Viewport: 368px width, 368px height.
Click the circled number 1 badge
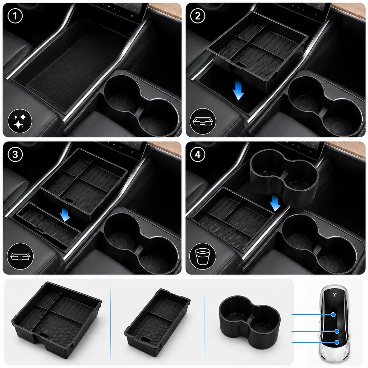(x=15, y=16)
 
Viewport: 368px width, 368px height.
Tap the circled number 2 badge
(x=198, y=16)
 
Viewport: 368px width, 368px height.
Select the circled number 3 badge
(x=15, y=155)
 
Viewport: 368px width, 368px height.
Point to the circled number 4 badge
(x=198, y=155)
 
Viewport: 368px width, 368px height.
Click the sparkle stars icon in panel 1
(x=20, y=121)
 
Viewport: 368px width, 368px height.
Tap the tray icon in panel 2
(x=203, y=121)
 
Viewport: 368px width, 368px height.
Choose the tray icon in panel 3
(x=20, y=256)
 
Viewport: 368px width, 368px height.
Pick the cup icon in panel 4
(x=203, y=256)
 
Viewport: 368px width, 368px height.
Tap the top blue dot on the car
(x=333, y=314)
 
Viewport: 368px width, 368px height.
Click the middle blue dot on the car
(x=337, y=331)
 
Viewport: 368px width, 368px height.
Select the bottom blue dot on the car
(x=337, y=342)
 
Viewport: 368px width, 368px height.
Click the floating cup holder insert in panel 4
(x=284, y=178)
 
